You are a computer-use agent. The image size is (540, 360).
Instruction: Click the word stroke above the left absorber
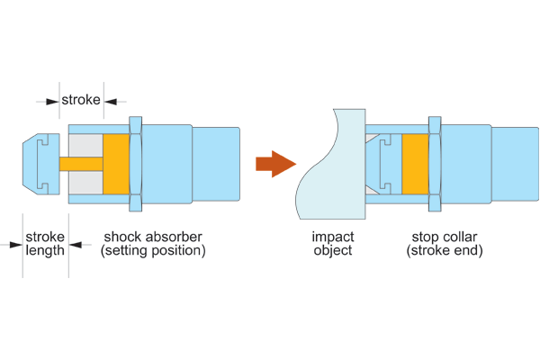click(x=81, y=99)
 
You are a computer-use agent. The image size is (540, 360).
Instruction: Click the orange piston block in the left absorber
click(x=117, y=164)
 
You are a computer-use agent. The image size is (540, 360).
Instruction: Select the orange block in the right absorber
click(x=415, y=164)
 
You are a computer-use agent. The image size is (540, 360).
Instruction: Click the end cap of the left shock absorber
click(x=40, y=164)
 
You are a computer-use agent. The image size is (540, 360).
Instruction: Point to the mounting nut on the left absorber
click(x=136, y=164)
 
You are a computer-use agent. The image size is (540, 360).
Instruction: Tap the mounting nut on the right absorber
click(x=435, y=164)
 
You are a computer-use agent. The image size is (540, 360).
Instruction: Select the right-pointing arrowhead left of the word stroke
click(x=54, y=100)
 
